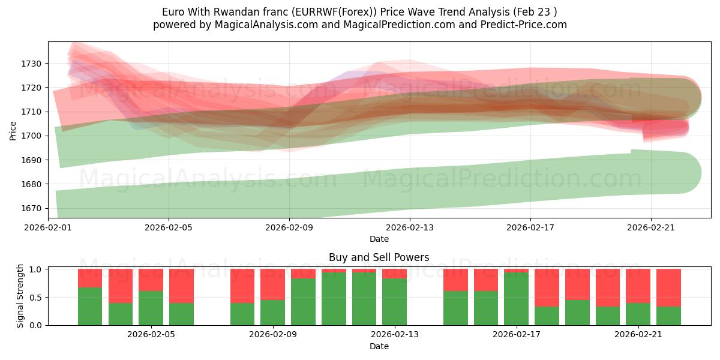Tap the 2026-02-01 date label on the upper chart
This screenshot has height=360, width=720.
(x=48, y=227)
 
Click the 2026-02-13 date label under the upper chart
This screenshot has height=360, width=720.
(x=410, y=227)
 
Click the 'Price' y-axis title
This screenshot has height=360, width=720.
(x=13, y=130)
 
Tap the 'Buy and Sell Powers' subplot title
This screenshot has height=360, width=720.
(x=379, y=257)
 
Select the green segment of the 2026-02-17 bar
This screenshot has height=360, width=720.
(x=516, y=299)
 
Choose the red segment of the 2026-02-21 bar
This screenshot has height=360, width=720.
(x=638, y=286)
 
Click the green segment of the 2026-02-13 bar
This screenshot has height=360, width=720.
(x=394, y=302)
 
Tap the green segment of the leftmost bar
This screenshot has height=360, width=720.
(x=90, y=306)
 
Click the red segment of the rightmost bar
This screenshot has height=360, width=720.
(x=668, y=287)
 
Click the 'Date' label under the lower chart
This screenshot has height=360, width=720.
(x=379, y=346)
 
